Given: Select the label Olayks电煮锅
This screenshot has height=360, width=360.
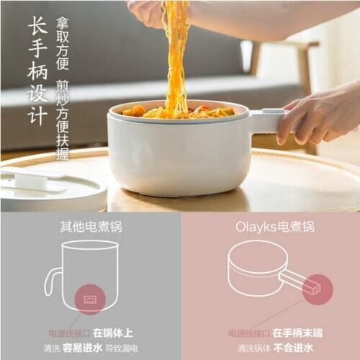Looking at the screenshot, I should pyautogui.click(x=274, y=228).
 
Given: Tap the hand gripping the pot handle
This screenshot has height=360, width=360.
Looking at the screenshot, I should pyautogui.click(x=317, y=115).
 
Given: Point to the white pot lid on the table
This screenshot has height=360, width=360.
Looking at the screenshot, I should pyautogui.click(x=50, y=187).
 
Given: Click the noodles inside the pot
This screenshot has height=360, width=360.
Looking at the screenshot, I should pyautogui.click(x=180, y=112).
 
